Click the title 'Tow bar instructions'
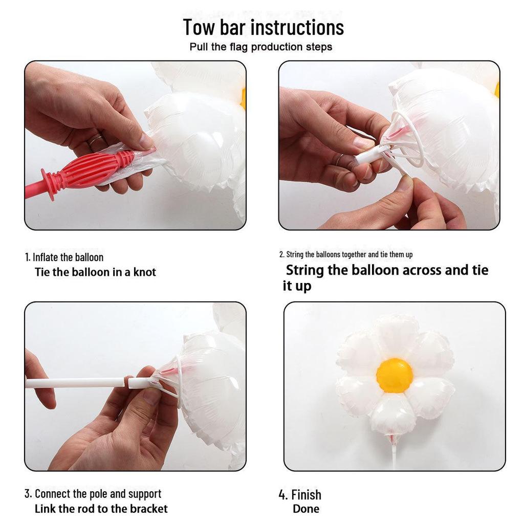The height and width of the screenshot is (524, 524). pos(263,27)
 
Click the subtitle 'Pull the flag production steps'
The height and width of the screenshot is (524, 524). pos(260,47)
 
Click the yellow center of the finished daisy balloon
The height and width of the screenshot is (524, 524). pos(394,375)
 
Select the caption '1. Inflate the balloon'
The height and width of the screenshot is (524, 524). pos(64,257)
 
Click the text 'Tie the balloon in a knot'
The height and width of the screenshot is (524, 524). pos(95,272)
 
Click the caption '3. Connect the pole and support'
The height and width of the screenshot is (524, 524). pos(93,494)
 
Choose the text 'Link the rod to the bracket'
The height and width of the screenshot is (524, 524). pos(101,509)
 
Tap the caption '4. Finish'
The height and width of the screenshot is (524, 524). pos(300,495)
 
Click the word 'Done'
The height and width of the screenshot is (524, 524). pos(306,509)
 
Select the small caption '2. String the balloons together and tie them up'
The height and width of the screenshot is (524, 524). pos(345,254)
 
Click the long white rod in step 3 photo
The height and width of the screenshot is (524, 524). pos(75,382)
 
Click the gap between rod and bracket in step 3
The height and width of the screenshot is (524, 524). pos(127,382)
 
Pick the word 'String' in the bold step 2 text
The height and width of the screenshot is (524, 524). pos(304,270)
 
